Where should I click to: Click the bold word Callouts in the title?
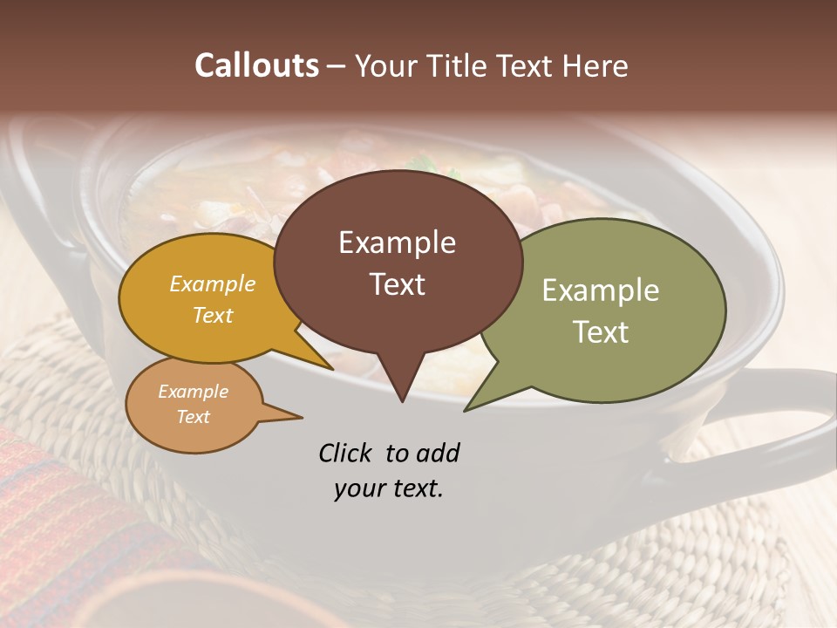coord(256,65)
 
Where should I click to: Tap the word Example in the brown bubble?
coord(397,242)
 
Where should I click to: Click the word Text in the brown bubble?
coord(397,284)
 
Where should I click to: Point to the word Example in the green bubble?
coord(601,290)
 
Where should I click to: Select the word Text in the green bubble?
coord(601,332)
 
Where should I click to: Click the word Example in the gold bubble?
coord(213,284)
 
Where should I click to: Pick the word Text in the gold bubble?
coord(213,315)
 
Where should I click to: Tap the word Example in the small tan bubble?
coord(193,392)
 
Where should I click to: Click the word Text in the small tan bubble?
coord(193,417)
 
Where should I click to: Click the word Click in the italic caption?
coord(344,454)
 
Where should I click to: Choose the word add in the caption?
coord(438,454)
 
